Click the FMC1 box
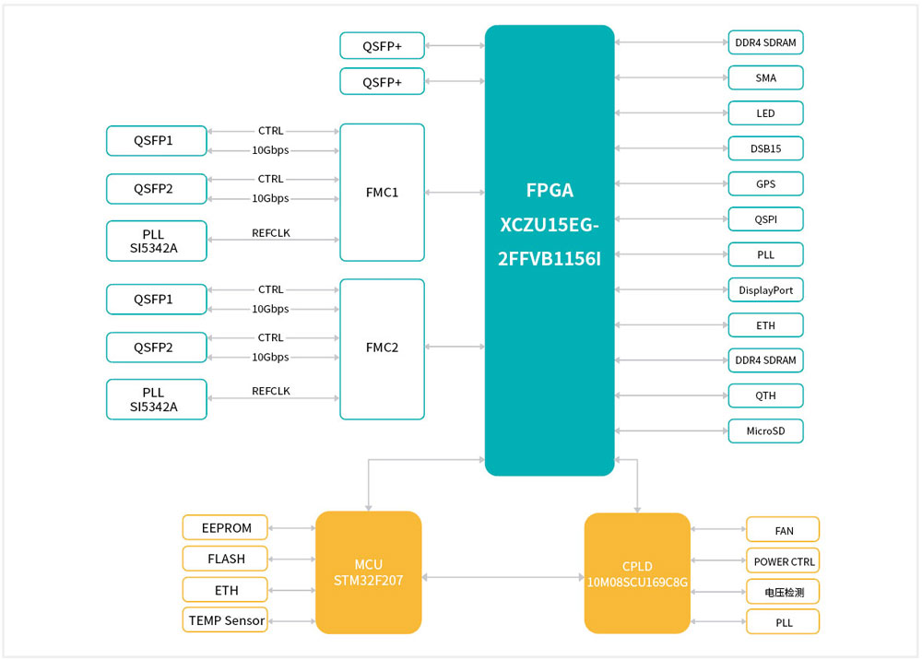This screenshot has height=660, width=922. coord(382,193)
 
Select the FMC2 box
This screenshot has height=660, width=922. coord(382,348)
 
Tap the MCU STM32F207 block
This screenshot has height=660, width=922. coord(369,572)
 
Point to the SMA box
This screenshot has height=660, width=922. coord(765,77)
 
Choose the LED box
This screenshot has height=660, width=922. coord(765,113)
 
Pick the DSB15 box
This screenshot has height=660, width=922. coord(765,148)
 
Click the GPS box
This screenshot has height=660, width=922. coord(765,183)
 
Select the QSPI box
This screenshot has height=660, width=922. coord(765,219)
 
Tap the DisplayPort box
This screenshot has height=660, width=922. coord(765,289)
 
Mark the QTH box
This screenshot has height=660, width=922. coord(765,395)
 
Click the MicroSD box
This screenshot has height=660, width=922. coord(765,430)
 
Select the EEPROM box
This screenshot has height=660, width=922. coord(225,527)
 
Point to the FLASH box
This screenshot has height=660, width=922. coord(225,559)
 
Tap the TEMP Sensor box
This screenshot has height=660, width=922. coord(225,620)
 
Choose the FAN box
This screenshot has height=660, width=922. coord(783,530)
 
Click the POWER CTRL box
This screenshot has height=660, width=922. coord(783,561)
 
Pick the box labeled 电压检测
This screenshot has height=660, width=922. coord(783,592)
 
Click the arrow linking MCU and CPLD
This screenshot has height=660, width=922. coord(502,578)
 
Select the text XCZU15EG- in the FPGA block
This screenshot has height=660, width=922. coord(550,224)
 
